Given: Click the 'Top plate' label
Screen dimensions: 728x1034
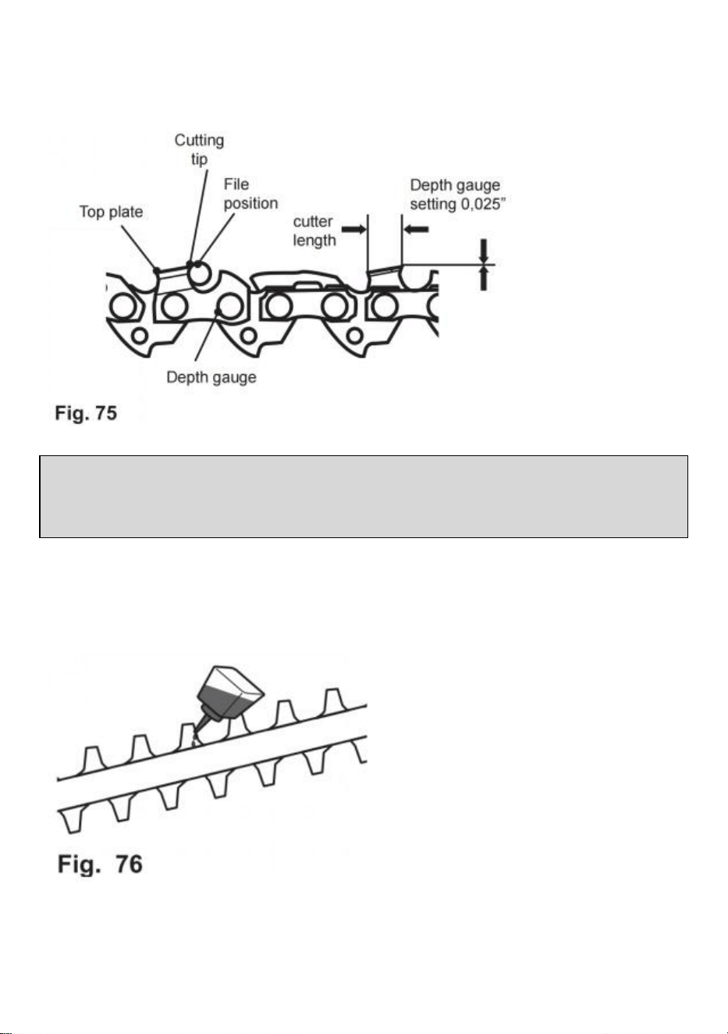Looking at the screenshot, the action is coord(111,212).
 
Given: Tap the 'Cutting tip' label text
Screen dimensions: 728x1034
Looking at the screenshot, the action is coord(199,149).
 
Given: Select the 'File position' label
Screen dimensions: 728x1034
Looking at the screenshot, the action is coord(250,194).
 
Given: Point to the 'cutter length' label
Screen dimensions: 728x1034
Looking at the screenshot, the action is coord(314,231).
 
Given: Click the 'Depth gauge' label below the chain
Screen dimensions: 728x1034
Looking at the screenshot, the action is coord(211,377).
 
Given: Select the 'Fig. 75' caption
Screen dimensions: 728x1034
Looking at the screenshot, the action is coord(86,412).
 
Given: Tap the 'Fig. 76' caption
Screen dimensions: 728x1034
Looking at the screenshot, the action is coord(100,864).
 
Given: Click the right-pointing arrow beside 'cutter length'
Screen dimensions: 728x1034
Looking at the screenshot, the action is coord(353,229).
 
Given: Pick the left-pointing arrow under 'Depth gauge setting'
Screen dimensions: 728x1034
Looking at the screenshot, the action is coord(416,229).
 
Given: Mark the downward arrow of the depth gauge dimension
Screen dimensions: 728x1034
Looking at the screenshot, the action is coord(484,251).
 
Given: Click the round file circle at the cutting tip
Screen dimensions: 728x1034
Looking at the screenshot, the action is coord(201,274).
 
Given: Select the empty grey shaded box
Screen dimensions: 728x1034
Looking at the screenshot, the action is coord(364,497).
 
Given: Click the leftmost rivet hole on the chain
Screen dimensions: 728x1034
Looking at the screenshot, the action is coord(123,306).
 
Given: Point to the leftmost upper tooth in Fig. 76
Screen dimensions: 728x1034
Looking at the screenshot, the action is coord(94,760).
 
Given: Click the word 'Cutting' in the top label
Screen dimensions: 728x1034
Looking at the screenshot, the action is coord(199,141).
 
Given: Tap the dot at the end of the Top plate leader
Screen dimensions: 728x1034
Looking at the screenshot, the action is coord(157,270).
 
